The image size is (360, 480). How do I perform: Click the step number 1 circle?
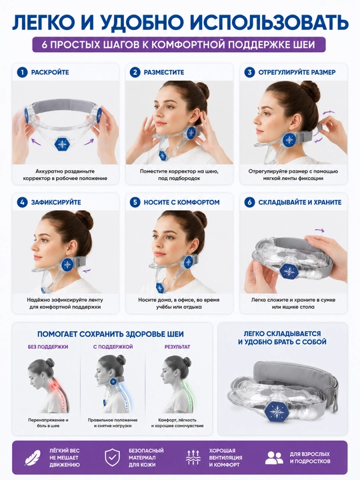coord(22,73)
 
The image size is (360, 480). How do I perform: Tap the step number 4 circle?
coord(22,203)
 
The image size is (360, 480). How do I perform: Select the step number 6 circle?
coord(249,203)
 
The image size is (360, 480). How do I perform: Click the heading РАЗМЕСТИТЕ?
coord(164,73)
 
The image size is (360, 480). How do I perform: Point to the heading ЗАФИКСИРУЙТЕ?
coord(56,203)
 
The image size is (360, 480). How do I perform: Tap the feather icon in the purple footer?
coord(33,457)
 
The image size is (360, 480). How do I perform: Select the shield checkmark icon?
coord(113,457)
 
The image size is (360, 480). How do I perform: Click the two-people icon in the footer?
coord(274,457)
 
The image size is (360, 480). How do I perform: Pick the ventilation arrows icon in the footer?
coord(193,457)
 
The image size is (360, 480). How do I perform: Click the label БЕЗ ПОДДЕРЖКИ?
coord(48,347)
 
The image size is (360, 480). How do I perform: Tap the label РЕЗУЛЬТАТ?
coord(177,347)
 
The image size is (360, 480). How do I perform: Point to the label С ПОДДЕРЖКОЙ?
coord(113,347)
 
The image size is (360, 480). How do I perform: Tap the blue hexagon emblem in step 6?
coord(289,271)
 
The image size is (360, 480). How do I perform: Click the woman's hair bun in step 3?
coord(311,91)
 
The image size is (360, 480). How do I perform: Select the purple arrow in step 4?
coord(87,271)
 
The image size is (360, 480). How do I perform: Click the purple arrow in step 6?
coord(319,231)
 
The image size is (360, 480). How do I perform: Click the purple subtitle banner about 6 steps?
coord(179,45)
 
